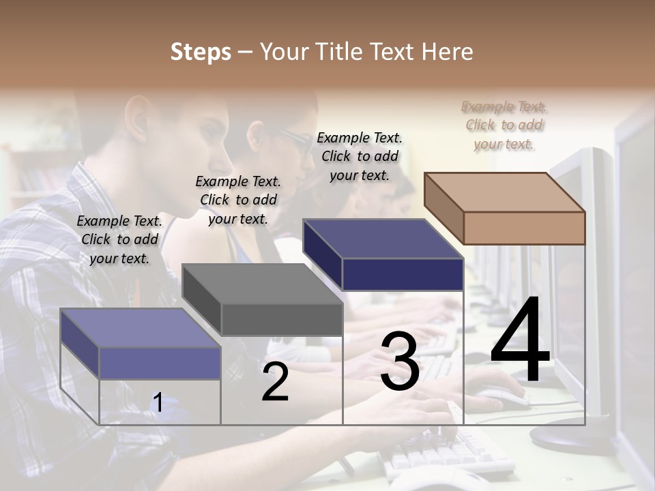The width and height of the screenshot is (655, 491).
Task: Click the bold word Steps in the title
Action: pyautogui.click(x=201, y=52)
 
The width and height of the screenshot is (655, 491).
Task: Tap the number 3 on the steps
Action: pyautogui.click(x=399, y=361)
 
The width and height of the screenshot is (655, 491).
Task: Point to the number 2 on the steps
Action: pyautogui.click(x=275, y=382)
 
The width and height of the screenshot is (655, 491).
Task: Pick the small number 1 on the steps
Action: pyautogui.click(x=158, y=403)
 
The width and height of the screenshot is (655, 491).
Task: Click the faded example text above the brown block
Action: pyautogui.click(x=504, y=125)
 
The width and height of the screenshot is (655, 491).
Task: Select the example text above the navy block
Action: pyautogui.click(x=360, y=156)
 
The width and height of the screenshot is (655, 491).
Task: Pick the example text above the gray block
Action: pyautogui.click(x=238, y=200)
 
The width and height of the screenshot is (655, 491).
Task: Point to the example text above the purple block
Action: pyautogui.click(x=119, y=239)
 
